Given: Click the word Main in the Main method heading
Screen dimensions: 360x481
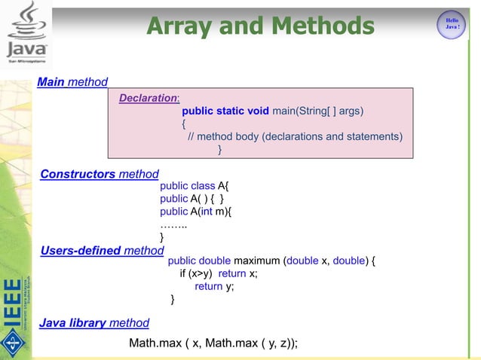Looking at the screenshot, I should [x=51, y=81].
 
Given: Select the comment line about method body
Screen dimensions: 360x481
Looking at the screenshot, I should [x=294, y=136].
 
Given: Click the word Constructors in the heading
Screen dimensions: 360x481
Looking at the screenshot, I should [x=78, y=174].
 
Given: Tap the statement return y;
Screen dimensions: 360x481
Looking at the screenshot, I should [x=214, y=286].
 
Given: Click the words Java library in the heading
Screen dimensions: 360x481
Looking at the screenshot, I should [x=72, y=323].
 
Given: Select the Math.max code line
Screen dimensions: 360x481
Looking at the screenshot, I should [x=213, y=343].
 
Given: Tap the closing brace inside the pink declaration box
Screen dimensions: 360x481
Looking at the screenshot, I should [x=220, y=150].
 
